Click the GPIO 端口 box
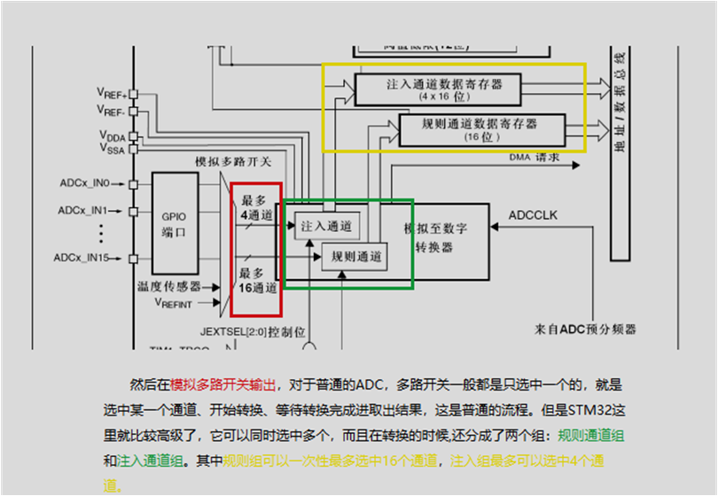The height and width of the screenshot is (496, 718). point(174,225)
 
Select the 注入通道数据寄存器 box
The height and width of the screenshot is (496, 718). point(438,89)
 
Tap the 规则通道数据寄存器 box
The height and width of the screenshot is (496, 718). point(481,129)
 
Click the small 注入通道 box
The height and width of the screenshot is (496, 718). point(326,227)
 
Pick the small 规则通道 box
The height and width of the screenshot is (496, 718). point(351,257)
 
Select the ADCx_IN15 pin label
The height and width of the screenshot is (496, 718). point(81,258)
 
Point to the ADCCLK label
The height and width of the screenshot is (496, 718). point(534,215)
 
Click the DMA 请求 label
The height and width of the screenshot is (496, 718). point(535,157)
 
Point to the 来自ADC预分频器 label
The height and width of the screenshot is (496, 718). point(585,329)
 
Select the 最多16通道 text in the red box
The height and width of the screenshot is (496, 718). point(255,280)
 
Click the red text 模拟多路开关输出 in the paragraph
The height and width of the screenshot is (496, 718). point(222,385)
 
